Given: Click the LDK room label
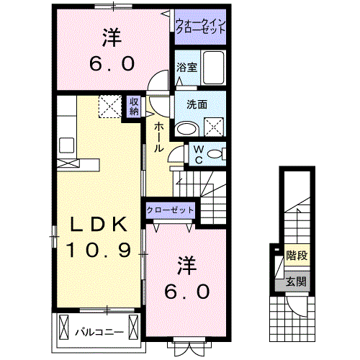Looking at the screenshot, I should [x=100, y=225].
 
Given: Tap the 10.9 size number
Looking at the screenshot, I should [x=100, y=250].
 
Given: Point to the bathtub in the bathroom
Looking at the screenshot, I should [x=214, y=68].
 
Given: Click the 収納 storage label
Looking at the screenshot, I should [x=135, y=106].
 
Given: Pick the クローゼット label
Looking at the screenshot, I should [x=170, y=210].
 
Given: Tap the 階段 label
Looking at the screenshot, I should [x=296, y=255].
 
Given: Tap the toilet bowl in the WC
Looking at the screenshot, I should [x=218, y=153].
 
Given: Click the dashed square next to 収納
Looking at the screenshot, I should [x=112, y=107].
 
